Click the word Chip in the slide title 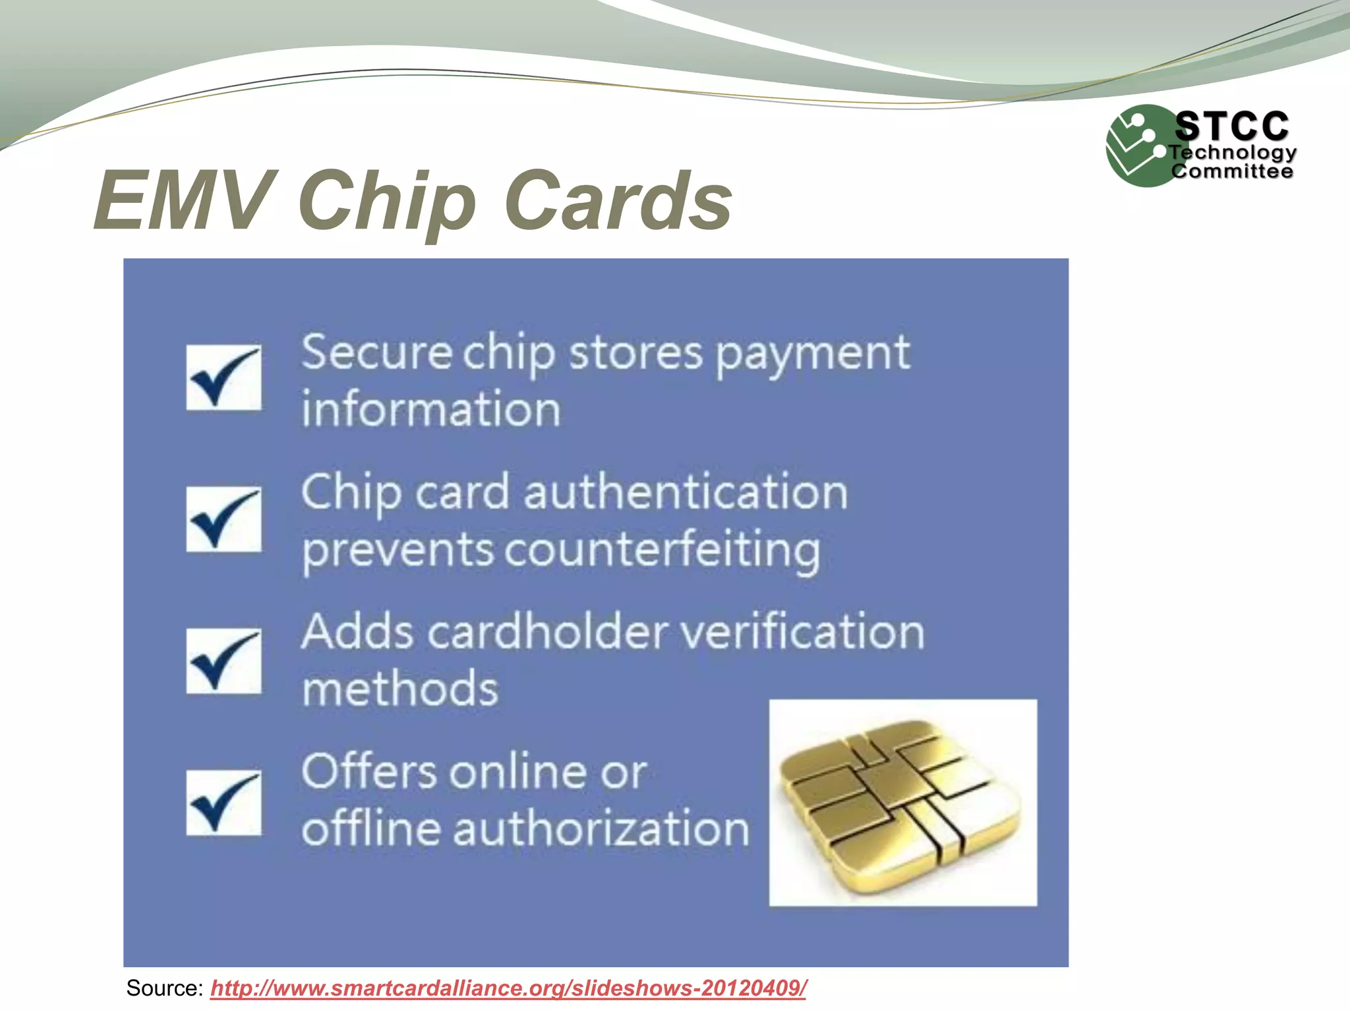point(387,200)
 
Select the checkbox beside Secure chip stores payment point(223,378)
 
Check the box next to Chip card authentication point(223,519)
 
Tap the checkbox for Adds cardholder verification point(223,661)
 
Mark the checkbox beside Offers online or point(223,802)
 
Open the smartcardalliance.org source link point(508,988)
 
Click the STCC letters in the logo point(1231,126)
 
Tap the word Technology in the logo point(1233,153)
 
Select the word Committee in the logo point(1231,171)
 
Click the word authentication point(686,492)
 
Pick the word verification point(802,632)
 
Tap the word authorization point(601,828)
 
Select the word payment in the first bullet point(812,354)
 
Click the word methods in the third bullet point(400,689)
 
